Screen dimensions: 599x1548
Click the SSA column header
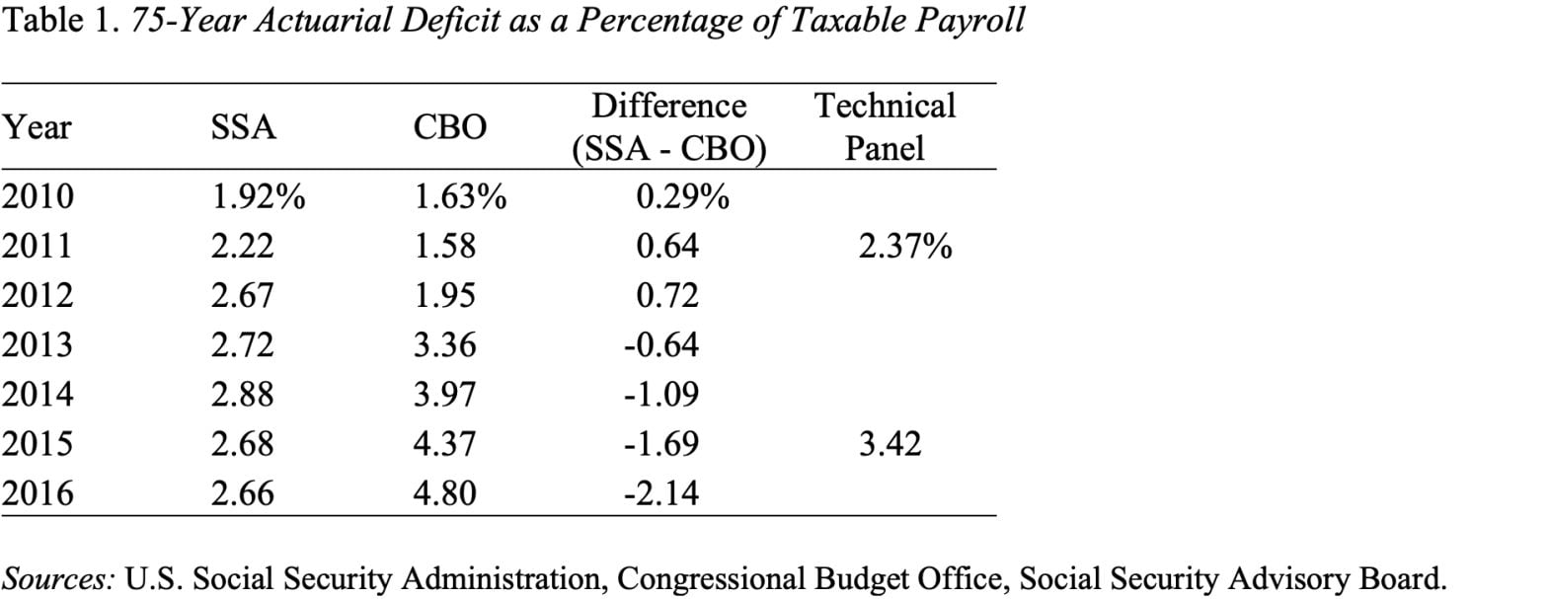tap(244, 128)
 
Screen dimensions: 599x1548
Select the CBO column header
tap(449, 128)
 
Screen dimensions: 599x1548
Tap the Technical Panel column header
tap(885, 126)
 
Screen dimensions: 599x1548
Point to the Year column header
tap(37, 128)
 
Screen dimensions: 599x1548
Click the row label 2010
tap(38, 197)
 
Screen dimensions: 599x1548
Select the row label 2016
tap(38, 492)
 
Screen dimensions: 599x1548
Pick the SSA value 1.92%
tap(258, 197)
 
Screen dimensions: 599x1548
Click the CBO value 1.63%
tap(459, 197)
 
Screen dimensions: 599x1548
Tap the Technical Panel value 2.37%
tap(904, 247)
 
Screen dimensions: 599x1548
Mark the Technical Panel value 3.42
tap(890, 444)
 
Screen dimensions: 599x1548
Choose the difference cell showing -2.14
tap(660, 492)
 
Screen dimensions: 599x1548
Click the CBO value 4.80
tap(444, 492)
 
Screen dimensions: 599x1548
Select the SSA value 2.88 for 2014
tap(242, 395)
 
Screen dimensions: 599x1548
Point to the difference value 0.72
tap(667, 296)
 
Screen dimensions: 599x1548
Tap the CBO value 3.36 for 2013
tap(444, 345)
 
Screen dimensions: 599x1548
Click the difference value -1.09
tap(660, 395)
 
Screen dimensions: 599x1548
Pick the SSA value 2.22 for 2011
tap(242, 247)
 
